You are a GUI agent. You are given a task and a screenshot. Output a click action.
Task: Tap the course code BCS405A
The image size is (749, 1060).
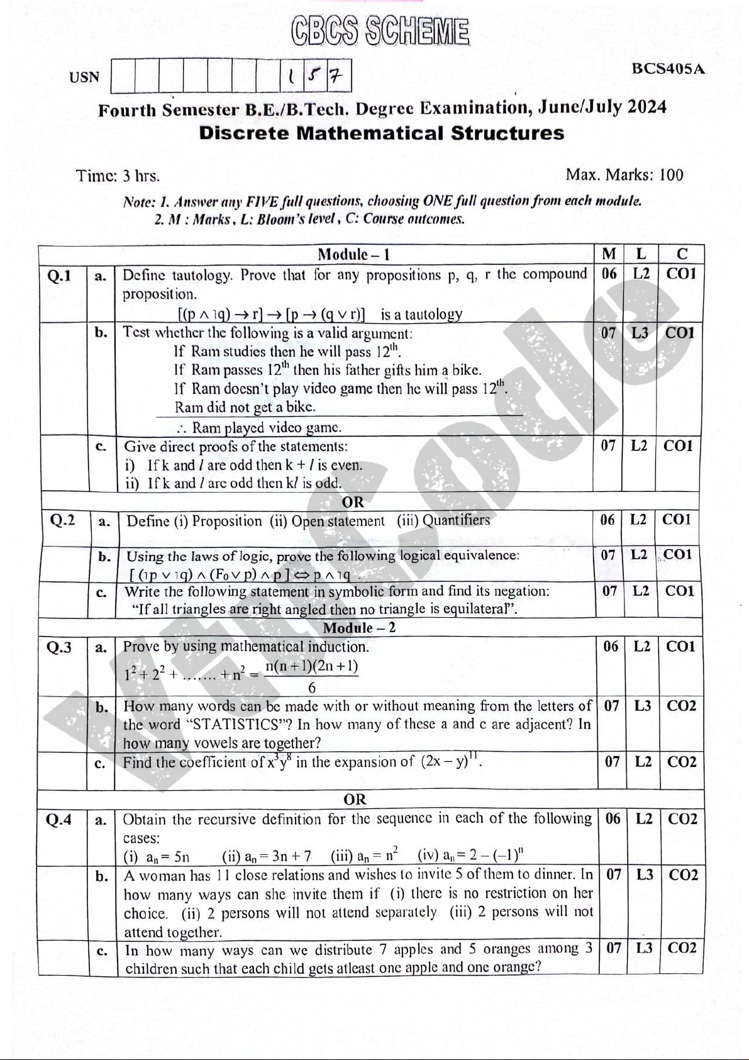[668, 69]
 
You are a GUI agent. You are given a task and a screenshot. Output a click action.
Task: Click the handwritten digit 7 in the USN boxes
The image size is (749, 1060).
[337, 77]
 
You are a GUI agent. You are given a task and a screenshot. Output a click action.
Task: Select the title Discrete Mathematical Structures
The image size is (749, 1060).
[382, 133]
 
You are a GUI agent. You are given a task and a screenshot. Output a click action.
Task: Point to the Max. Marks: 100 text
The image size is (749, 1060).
[624, 174]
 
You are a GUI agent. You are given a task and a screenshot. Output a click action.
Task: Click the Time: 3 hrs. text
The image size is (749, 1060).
[118, 176]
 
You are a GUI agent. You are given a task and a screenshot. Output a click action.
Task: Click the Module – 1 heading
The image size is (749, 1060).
[354, 254]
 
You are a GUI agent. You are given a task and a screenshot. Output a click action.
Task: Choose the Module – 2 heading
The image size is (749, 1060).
[359, 627]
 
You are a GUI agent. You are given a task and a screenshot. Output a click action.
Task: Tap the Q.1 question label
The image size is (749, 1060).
[59, 276]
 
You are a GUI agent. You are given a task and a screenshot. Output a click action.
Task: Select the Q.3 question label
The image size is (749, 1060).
[59, 647]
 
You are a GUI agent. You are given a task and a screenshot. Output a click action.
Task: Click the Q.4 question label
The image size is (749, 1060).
[59, 820]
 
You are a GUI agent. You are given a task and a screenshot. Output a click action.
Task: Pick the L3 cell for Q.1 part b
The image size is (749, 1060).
[640, 333]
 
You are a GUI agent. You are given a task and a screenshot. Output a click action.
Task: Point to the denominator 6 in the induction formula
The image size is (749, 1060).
[311, 687]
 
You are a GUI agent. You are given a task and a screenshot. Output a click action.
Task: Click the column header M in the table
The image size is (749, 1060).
[609, 254]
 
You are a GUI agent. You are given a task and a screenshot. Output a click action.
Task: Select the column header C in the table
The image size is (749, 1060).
[682, 254]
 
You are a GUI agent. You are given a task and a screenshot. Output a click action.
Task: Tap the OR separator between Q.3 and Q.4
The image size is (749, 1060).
[355, 800]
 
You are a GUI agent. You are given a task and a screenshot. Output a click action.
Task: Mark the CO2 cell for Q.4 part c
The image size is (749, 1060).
[682, 948]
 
